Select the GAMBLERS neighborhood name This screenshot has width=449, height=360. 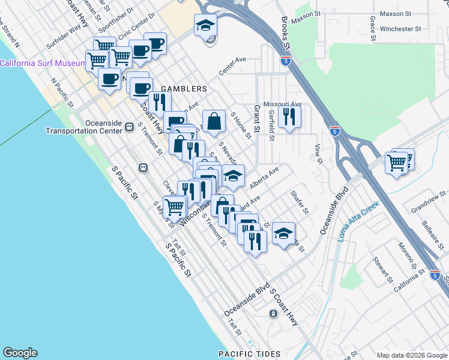click(x=183, y=89)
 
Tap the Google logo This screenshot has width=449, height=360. click(x=20, y=353)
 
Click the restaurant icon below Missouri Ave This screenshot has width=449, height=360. click(x=291, y=117)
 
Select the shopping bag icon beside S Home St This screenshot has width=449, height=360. click(x=214, y=122)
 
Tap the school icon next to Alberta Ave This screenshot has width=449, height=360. click(x=234, y=176)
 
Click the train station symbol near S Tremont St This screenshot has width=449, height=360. click(x=143, y=168)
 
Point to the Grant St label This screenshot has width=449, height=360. click(x=256, y=118)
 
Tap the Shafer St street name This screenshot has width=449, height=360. click(x=299, y=202)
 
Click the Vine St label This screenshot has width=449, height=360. click(x=319, y=153)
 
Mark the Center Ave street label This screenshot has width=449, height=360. click(x=233, y=66)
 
